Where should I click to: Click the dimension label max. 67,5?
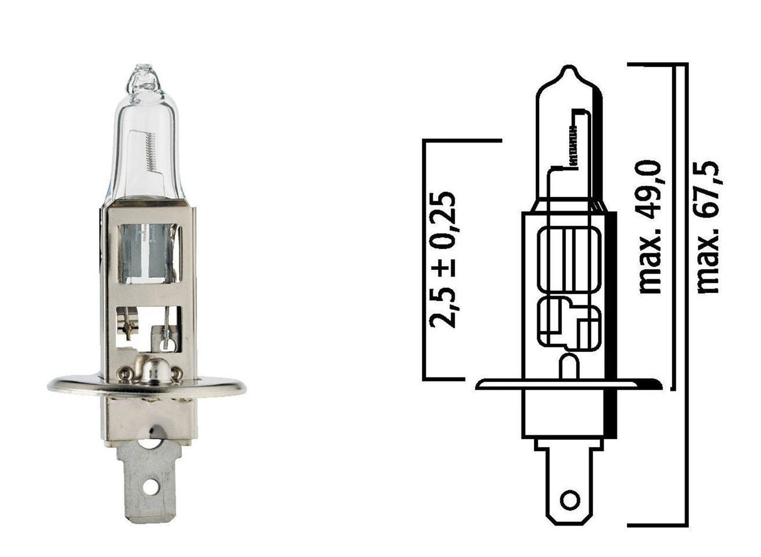pos(708,227)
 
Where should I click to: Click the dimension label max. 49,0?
pos(651,227)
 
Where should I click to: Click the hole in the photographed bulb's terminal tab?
pos(150,486)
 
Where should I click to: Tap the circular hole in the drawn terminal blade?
pos(569,500)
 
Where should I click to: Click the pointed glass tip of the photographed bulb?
pos(144,67)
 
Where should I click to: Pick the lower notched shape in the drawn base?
pos(568,323)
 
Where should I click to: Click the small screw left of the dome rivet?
pos(126,374)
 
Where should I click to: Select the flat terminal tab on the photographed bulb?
pos(149,480)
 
